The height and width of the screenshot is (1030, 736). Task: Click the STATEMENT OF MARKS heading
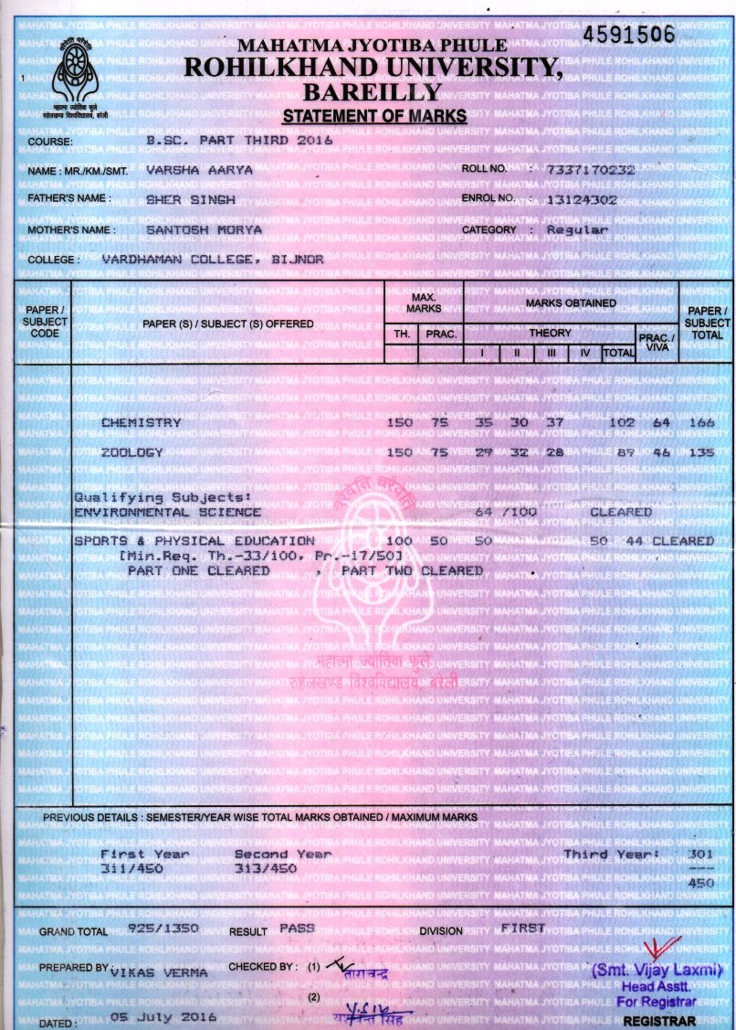(374, 116)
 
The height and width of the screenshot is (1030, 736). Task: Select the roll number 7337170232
(589, 170)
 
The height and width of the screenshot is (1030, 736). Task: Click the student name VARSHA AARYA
(199, 170)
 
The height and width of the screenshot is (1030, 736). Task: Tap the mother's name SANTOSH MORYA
(204, 230)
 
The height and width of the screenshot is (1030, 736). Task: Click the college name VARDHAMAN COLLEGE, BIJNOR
(212, 260)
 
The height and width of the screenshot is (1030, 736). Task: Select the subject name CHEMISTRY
(141, 423)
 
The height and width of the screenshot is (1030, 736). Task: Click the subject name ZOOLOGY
(132, 452)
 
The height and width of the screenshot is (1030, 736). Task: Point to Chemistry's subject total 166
(700, 423)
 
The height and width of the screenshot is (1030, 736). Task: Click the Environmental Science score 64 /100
(506, 512)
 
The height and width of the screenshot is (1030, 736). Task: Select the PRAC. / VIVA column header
(656, 340)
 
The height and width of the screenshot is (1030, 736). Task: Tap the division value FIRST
(522, 928)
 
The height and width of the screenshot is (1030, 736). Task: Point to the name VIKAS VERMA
(159, 973)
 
